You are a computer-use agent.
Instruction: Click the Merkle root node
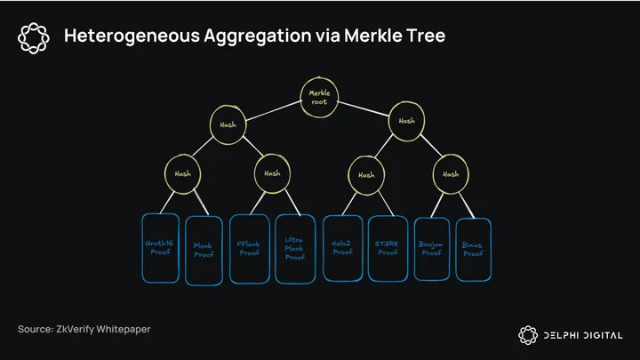319,98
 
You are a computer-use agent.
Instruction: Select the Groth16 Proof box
160,248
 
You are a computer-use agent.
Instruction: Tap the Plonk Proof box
204,251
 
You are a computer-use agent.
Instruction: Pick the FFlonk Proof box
250,249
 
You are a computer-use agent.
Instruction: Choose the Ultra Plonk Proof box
295,249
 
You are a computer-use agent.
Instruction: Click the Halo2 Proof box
342,248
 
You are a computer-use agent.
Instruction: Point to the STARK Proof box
388,249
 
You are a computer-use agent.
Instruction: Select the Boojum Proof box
432,249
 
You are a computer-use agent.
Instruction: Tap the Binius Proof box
474,250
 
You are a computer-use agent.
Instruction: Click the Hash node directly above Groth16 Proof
182,174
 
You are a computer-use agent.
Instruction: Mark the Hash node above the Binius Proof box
451,174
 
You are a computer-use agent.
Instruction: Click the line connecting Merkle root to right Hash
364,109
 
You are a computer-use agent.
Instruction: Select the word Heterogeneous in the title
132,36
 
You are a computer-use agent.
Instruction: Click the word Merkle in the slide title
368,35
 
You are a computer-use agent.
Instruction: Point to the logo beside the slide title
34,38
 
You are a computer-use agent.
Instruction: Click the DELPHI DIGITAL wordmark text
583,335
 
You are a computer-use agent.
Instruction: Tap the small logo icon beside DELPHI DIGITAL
528,335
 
